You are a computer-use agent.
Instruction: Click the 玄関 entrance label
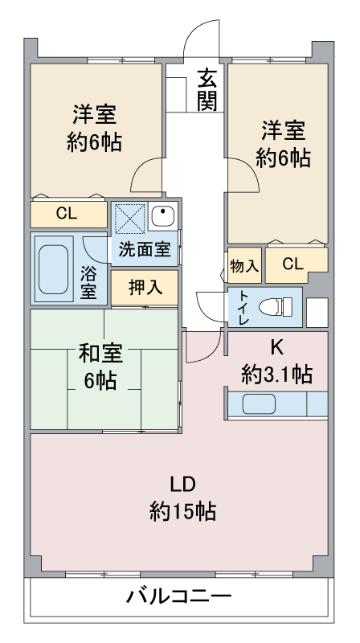coord(207,92)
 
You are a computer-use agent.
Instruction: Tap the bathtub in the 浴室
coord(53,269)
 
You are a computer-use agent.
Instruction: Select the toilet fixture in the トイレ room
coord(276,306)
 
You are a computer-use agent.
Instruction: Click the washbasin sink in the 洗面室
coord(163,215)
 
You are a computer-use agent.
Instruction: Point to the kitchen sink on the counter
coord(259,404)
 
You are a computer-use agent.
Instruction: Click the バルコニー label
coord(178,596)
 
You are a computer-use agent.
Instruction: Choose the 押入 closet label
coord(145,288)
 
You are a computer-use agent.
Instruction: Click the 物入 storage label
coord(244,266)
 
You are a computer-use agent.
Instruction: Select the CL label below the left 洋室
coord(67,214)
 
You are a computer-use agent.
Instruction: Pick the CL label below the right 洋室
coord(292,264)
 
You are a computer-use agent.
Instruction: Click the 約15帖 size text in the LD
coord(183,511)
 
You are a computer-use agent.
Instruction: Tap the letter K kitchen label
coord(276,349)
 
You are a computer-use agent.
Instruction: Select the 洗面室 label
coord(145,249)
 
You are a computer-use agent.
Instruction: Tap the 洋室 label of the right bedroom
coord(284,130)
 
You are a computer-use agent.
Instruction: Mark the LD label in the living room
coord(183,485)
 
